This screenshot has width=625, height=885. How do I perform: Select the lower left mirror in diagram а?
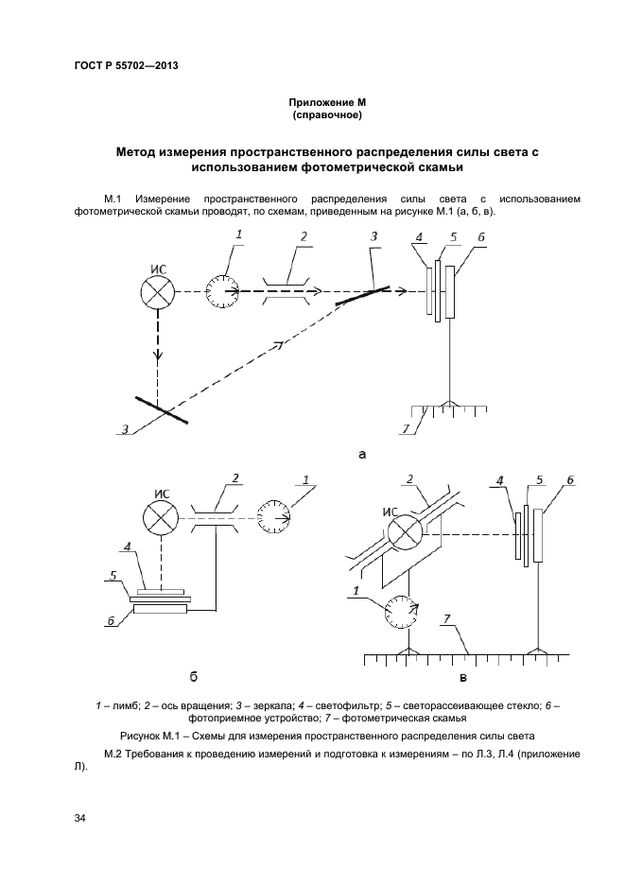(159, 409)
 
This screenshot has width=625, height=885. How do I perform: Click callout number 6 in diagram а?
(482, 236)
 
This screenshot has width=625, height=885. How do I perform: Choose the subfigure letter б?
(193, 676)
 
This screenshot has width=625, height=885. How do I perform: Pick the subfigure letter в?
(464, 677)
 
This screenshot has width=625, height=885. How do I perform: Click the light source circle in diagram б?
(158, 518)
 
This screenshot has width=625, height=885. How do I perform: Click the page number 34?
(79, 818)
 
